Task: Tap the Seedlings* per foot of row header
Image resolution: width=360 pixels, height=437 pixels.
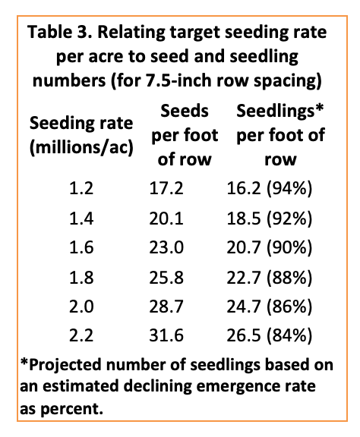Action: tap(280, 137)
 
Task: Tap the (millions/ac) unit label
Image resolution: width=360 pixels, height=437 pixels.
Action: tap(81, 147)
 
